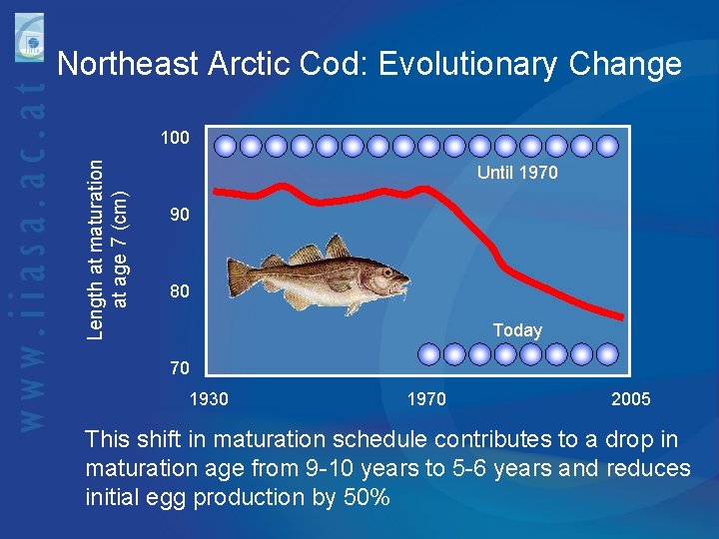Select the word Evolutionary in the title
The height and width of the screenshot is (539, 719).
click(x=468, y=65)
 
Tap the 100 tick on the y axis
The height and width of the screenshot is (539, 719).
click(x=175, y=138)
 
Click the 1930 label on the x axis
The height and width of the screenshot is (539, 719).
click(x=209, y=399)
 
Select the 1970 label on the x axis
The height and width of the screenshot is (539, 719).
click(x=426, y=399)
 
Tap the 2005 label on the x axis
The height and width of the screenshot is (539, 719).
click(x=631, y=399)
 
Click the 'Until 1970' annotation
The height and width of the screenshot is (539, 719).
click(x=517, y=174)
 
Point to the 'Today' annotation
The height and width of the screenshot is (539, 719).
click(x=517, y=330)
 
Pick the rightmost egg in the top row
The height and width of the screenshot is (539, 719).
click(x=614, y=146)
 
